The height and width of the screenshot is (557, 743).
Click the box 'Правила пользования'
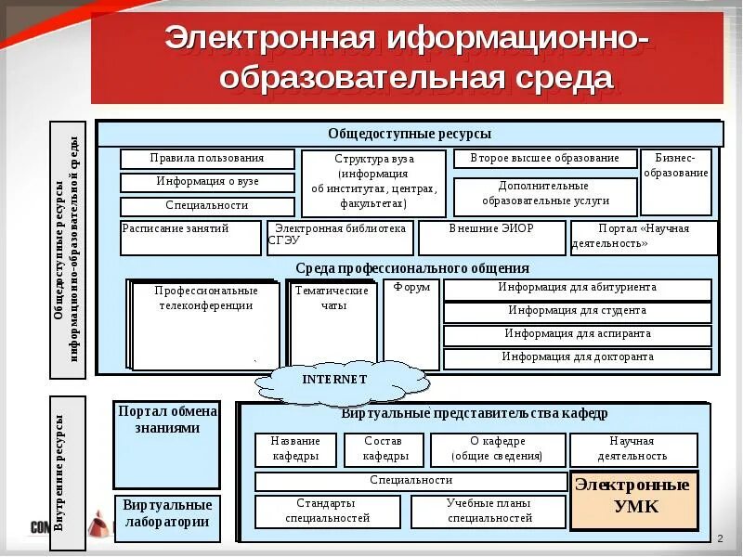[x=207, y=159]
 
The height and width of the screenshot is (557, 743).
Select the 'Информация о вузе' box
[x=207, y=182]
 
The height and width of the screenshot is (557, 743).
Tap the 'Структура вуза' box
[x=374, y=181]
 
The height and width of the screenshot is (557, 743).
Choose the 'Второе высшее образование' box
[x=545, y=159]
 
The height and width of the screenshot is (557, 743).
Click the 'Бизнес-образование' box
[x=676, y=181]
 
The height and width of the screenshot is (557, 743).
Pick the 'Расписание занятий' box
[x=191, y=238]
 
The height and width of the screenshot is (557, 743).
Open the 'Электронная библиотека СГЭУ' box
[x=340, y=238]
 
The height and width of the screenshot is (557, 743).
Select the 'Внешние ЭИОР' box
[x=491, y=238]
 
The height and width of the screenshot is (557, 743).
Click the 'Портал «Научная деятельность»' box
[x=644, y=238]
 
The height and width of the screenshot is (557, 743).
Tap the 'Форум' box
[x=411, y=324]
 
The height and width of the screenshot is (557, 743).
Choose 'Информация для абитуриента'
[x=577, y=289]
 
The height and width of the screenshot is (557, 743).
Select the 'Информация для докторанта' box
[x=577, y=357]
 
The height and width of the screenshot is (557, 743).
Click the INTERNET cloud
[x=336, y=381]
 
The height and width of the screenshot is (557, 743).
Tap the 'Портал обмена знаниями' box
[x=167, y=445]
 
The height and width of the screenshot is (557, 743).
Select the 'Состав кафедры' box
[x=385, y=449]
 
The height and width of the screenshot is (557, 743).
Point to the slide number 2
[x=720, y=539]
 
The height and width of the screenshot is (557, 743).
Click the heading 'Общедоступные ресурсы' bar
[x=410, y=134]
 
